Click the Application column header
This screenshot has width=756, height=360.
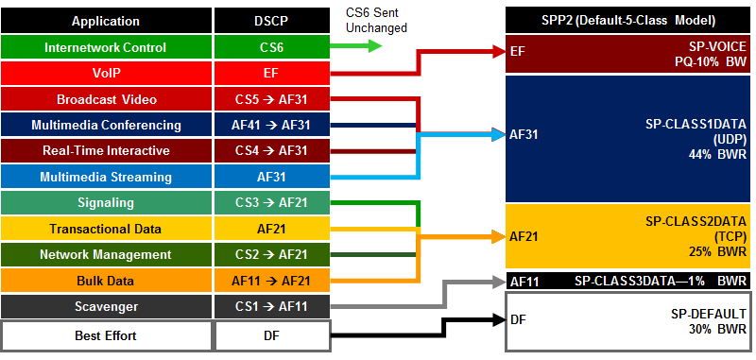pos(106,21)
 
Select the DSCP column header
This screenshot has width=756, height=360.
pos(272,21)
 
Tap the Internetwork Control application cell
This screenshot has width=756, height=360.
pos(106,47)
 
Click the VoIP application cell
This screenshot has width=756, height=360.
pos(106,74)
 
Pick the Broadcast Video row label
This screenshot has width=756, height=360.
pos(107,99)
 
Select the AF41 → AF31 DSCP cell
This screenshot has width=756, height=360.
pos(272,125)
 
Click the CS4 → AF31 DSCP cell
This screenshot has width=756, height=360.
pos(272,151)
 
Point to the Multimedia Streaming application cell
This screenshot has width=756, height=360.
pos(106,177)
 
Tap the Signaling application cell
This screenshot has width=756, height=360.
pos(106,202)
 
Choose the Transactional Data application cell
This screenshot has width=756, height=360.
pos(106,229)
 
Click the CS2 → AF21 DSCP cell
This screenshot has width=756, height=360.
pos(272,254)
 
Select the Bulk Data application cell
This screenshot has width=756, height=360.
pos(106,281)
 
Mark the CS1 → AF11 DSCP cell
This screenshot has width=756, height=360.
pos(272,306)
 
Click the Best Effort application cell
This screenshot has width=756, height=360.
pos(106,335)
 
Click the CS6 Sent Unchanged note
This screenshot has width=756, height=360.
pos(376,20)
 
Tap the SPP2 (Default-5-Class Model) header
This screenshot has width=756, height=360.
pos(627,21)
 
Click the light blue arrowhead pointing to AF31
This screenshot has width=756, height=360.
pos(498,134)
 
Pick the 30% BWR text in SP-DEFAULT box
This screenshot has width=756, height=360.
pos(718,329)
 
